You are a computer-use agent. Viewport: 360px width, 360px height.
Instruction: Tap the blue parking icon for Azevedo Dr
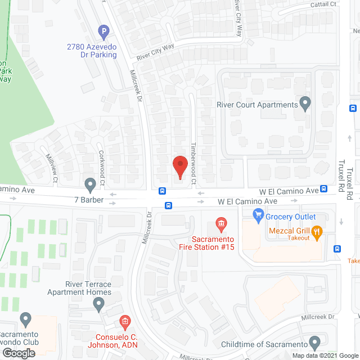tap(103, 32)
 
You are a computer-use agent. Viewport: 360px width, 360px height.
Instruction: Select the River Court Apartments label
tap(257, 105)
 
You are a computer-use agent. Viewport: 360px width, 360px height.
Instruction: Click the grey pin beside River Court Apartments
tap(305, 103)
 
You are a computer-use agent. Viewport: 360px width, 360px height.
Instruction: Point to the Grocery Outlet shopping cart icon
tap(259, 214)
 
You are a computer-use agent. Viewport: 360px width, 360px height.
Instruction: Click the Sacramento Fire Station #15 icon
tap(221, 225)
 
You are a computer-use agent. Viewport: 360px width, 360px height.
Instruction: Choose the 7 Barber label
tap(89, 200)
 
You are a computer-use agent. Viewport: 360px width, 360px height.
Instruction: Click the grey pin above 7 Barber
tap(89, 184)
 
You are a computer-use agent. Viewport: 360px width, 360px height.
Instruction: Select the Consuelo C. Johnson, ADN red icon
tap(125, 322)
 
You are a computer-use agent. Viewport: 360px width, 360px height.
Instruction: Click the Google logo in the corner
tap(19, 353)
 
